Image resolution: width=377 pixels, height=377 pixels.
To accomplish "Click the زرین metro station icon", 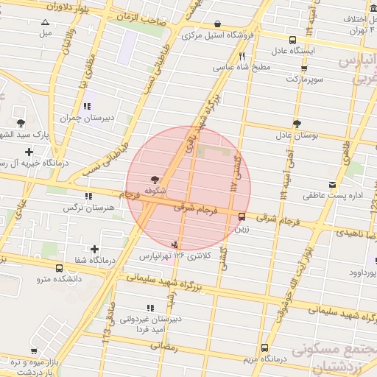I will [x=242, y=216].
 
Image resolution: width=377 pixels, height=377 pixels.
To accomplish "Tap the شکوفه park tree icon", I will [x=154, y=179].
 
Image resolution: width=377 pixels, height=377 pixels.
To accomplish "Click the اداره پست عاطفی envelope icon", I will [x=333, y=183].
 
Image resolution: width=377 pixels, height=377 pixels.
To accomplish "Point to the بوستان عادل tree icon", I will [x=297, y=124].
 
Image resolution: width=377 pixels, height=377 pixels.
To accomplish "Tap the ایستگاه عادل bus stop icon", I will [x=294, y=40].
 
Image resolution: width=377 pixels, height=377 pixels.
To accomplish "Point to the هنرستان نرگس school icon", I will [x=89, y=196].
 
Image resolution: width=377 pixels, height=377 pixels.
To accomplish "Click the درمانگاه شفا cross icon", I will [x=94, y=249].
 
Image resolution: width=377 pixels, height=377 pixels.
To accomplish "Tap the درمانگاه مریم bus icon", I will [x=264, y=348].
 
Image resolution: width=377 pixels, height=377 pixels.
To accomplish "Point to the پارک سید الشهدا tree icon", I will [x=19, y=124].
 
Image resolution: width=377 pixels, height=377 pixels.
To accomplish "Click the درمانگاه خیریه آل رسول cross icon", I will [x=29, y=152].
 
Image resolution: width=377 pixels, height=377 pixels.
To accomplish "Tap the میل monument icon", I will [x=46, y=23].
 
